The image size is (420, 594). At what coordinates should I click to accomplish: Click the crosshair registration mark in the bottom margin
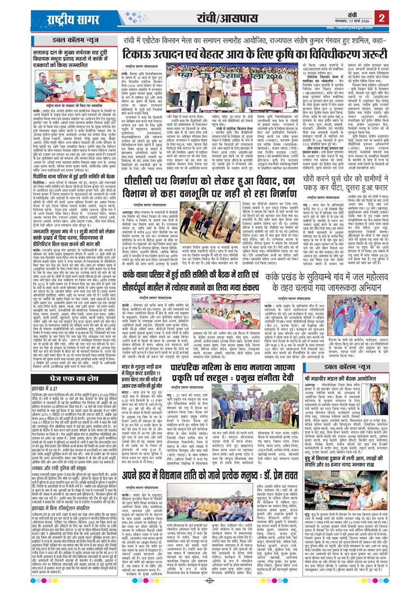click(x=209, y=581)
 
